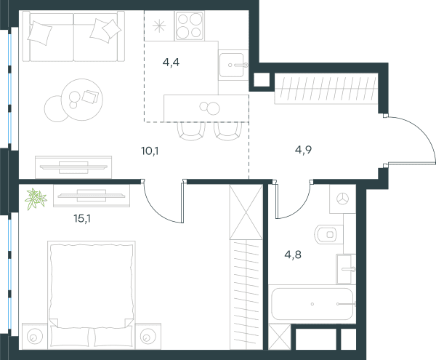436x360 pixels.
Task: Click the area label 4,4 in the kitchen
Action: tap(171, 63)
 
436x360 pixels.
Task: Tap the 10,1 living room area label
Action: tap(150, 151)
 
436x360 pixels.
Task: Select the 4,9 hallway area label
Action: tap(303, 150)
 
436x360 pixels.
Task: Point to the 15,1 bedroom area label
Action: tap(82, 218)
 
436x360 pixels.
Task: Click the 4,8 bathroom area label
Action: tap(293, 255)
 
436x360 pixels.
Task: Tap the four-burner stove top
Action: tap(190, 25)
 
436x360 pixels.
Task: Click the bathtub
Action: tap(312, 304)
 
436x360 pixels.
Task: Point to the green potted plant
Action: tap(36, 199)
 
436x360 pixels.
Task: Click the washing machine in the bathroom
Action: tap(342, 199)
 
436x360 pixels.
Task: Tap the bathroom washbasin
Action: tap(346, 269)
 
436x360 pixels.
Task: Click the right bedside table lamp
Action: tap(147, 337)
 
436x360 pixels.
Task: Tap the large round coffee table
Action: tap(82, 100)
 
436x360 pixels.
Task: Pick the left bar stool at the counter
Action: tap(192, 132)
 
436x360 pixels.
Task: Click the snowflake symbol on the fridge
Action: tap(159, 26)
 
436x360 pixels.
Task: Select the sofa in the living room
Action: tap(73, 36)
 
